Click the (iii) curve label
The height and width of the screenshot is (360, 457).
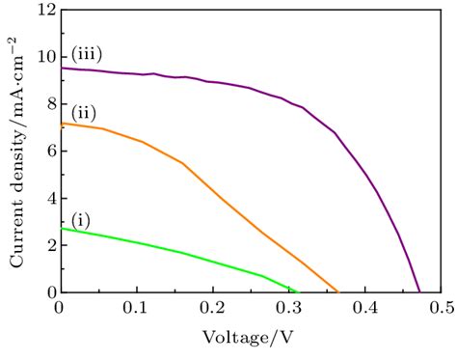click(x=86, y=54)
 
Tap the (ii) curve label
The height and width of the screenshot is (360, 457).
click(x=84, y=109)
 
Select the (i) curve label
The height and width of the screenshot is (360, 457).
click(x=81, y=221)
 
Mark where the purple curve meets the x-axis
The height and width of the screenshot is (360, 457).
click(x=419, y=291)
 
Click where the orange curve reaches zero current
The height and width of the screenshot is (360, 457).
click(x=338, y=291)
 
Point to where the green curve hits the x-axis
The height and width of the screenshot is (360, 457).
click(x=299, y=291)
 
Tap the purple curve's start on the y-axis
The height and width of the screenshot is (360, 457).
click(x=61, y=68)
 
